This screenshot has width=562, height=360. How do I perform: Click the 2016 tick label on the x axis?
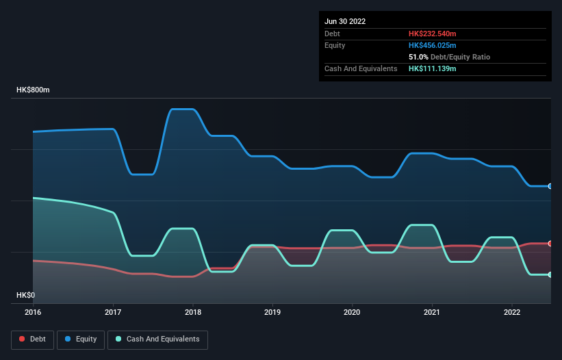coord(33,312)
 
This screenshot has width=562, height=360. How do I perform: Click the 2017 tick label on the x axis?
coord(113,312)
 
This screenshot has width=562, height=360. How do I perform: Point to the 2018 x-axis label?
coord(193,312)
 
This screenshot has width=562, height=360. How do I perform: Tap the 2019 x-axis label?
coord(272,312)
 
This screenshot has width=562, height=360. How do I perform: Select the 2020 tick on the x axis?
coord(353,312)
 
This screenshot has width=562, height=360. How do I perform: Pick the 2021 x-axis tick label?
coord(432,312)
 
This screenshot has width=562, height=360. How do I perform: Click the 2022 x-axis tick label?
coord(512,312)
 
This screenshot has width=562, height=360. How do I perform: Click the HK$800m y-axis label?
coord(34,90)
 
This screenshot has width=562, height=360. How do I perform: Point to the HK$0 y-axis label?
coord(26,295)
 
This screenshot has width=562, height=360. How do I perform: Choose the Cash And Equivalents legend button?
coord(157,339)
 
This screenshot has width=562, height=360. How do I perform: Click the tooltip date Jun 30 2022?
coord(345,21)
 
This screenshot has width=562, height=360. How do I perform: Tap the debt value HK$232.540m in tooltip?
coord(432,34)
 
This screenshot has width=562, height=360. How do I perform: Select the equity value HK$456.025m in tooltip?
coord(432,45)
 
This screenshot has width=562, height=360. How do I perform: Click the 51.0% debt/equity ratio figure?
coord(420,57)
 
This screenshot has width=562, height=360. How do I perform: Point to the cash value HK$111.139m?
coord(432,68)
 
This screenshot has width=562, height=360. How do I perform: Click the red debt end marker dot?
coord(550,244)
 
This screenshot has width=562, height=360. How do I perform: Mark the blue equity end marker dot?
coord(550,186)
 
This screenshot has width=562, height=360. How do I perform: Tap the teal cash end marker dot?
coord(550,274)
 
